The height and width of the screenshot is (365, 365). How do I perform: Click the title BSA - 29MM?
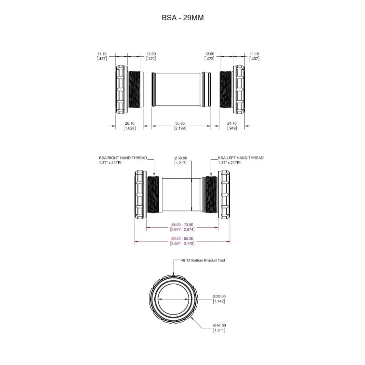182,18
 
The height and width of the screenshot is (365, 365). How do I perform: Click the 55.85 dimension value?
180,123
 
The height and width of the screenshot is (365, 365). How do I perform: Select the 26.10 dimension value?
130,123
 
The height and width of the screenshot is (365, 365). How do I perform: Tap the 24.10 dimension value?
232,123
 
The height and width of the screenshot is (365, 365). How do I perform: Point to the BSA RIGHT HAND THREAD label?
123,158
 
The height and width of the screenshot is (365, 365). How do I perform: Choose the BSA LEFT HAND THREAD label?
241,158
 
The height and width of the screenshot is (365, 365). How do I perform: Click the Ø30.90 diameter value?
181,158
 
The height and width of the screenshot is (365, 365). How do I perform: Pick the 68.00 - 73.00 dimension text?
182,224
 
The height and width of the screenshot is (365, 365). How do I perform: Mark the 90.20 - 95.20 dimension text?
182,239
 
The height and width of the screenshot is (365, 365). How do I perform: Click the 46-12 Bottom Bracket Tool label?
203,261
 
